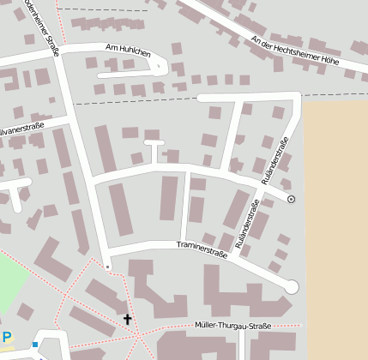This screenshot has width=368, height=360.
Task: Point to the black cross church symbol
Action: (x=128, y=320)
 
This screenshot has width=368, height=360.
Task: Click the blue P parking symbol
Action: (x=7, y=338)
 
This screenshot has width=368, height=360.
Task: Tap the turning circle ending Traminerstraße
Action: (x=292, y=286)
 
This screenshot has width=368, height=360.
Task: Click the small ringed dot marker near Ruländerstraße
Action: (x=291, y=199)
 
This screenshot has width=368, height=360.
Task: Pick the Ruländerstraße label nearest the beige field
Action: (x=275, y=160)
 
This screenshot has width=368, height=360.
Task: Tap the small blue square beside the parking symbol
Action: (x=34, y=345)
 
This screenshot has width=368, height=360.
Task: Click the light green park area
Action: (x=13, y=283)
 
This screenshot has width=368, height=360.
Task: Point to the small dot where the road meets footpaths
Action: (x=107, y=267)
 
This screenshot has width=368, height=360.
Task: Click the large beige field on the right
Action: (x=336, y=223)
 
